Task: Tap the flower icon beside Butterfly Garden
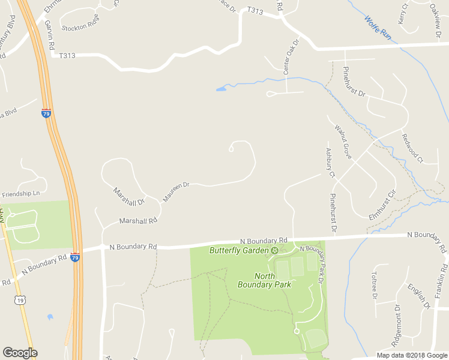tap(274, 250)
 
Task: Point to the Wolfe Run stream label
tap(378, 28)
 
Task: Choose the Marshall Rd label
tap(137, 221)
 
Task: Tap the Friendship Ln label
tap(21, 194)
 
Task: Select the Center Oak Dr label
tap(291, 58)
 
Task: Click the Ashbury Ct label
tap(330, 163)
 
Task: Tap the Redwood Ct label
tap(412, 148)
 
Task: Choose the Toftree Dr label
tap(373, 285)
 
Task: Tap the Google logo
tap(20, 353)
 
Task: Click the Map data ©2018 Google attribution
tap(412, 355)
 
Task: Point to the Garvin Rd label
tap(50, 34)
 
